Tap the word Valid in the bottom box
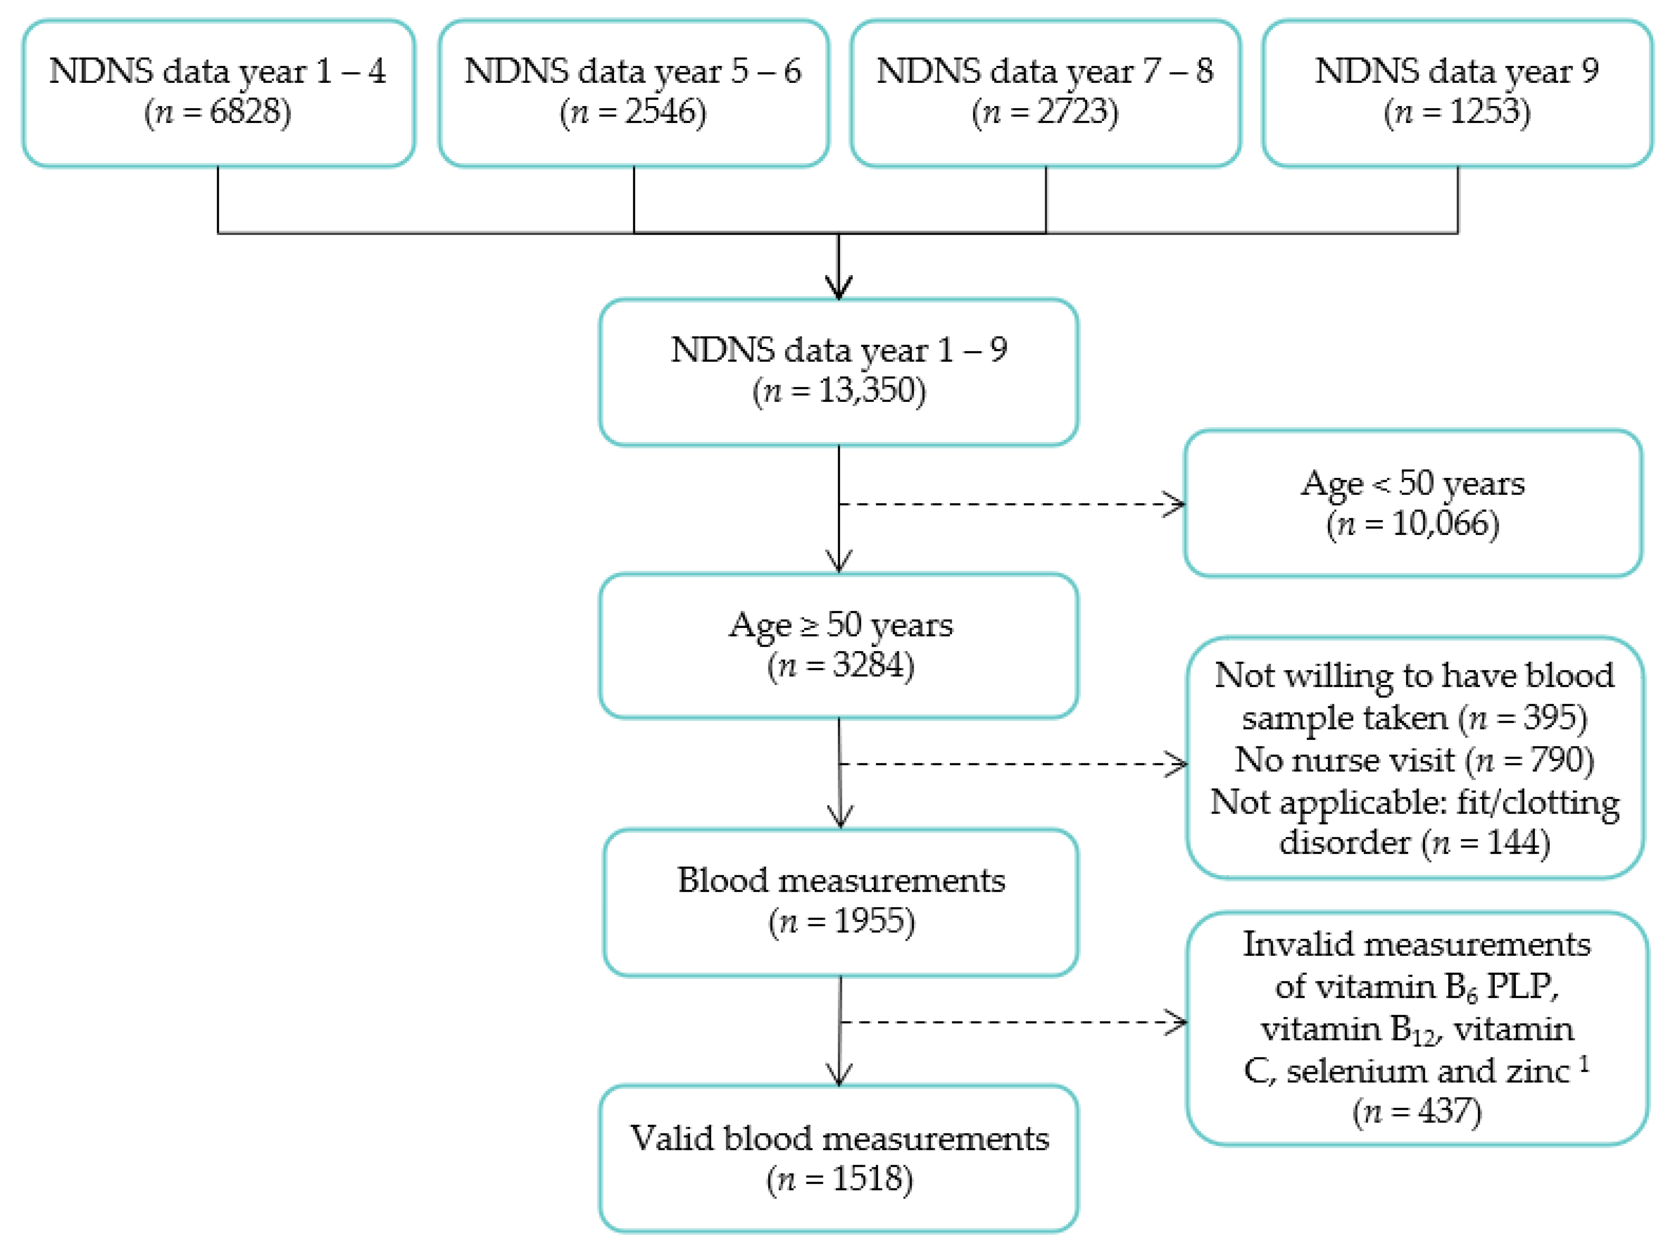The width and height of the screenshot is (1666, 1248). (672, 1138)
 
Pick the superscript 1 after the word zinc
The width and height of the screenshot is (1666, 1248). (1584, 1063)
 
